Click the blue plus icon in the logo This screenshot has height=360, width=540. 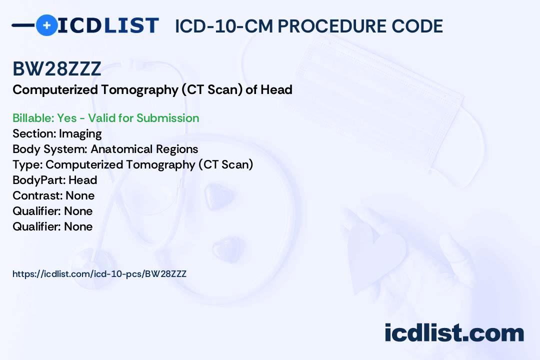pos(46,25)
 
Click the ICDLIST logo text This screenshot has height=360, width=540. pos(108,25)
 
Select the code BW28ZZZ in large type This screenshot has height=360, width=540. pos(57,68)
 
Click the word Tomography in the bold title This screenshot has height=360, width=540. pos(139,90)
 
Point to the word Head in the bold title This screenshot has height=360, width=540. pos(276,89)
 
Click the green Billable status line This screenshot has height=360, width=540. pos(105,118)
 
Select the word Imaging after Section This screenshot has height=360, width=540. pos(80,134)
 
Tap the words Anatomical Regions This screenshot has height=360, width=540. pos(144,149)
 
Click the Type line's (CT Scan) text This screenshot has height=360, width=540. pos(225,164)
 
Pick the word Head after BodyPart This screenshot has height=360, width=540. pos(82,180)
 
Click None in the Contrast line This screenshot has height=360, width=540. pos(80,195)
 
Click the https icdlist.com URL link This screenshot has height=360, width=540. pos(99,274)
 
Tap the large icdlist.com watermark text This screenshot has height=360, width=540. pos(454,332)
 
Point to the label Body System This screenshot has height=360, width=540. pos(49,149)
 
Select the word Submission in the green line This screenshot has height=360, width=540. pos(167,118)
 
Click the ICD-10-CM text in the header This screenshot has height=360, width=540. pos(224,26)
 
